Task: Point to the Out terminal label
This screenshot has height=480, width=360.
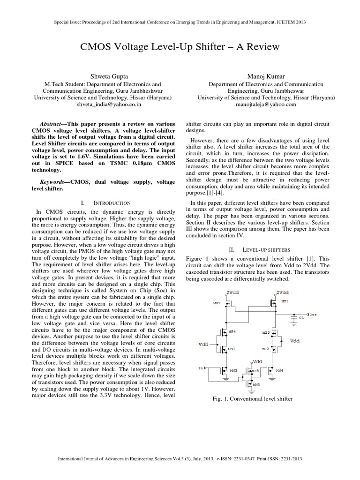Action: click(x=313, y=314)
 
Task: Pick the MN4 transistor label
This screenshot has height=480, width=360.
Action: click(x=279, y=370)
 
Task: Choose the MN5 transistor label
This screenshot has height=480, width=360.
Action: click(x=255, y=385)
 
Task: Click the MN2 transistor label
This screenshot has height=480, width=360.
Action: click(x=265, y=349)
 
